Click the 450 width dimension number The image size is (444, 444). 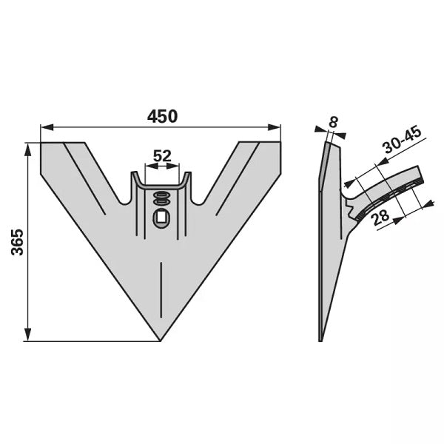pos(162,116)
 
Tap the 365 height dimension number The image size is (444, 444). pos(18,242)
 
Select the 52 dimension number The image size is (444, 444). pos(162,155)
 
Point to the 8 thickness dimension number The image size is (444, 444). pos(334,122)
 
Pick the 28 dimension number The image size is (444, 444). pos(380,217)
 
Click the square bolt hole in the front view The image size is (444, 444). pos(161,218)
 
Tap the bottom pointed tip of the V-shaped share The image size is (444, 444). pos(161,341)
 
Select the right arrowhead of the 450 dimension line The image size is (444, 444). pos(275,127)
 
